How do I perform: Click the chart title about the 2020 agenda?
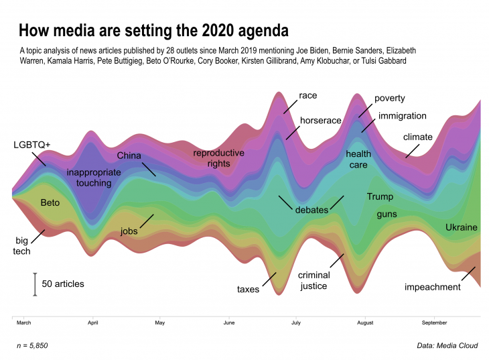[x=153, y=31]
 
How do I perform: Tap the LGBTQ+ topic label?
[x=32, y=144]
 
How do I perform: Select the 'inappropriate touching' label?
[x=94, y=177]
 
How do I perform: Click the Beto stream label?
[x=50, y=202]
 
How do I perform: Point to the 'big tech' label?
[x=23, y=245]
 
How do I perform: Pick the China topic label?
[x=129, y=156]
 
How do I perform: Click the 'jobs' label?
[x=129, y=231]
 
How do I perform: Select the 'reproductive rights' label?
[x=218, y=158]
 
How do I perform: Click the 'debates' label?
[x=311, y=210]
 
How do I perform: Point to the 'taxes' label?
[x=249, y=290]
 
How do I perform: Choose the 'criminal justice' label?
[x=313, y=280]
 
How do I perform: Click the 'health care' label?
[x=358, y=160]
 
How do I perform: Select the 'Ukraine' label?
[x=462, y=228]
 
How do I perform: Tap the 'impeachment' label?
[x=433, y=288]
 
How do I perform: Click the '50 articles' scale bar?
[x=35, y=284]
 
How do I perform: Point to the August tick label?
[x=364, y=322]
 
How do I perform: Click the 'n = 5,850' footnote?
[x=31, y=345]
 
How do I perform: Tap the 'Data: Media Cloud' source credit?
[x=446, y=345]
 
